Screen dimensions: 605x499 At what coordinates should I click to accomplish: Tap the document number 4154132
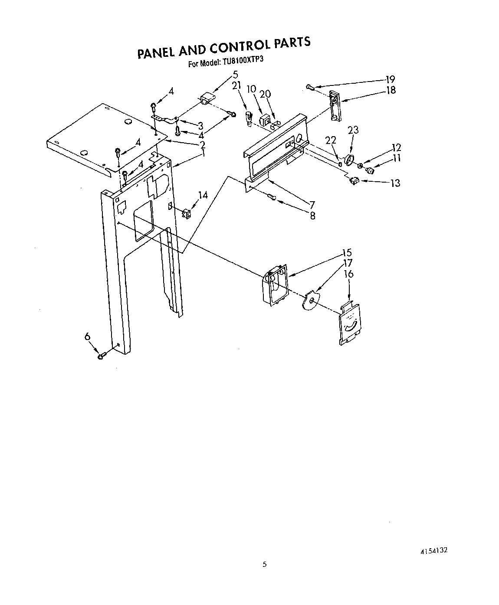[x=433, y=550]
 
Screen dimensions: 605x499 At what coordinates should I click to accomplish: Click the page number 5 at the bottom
[x=264, y=564]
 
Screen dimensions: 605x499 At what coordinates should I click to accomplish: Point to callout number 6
[x=87, y=336]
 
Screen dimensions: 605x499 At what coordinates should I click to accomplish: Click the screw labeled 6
[x=102, y=356]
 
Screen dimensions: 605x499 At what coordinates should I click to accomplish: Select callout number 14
[x=202, y=195]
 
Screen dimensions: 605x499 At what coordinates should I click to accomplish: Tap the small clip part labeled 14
[x=187, y=213]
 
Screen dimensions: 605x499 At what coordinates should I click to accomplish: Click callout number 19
[x=390, y=79]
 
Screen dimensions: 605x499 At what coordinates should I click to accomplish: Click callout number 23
[x=353, y=130]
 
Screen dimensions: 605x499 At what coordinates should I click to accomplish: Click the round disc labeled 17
[x=310, y=300]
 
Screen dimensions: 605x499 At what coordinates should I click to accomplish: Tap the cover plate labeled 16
[x=350, y=324]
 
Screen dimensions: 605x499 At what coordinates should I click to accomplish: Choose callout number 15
[x=346, y=253]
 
